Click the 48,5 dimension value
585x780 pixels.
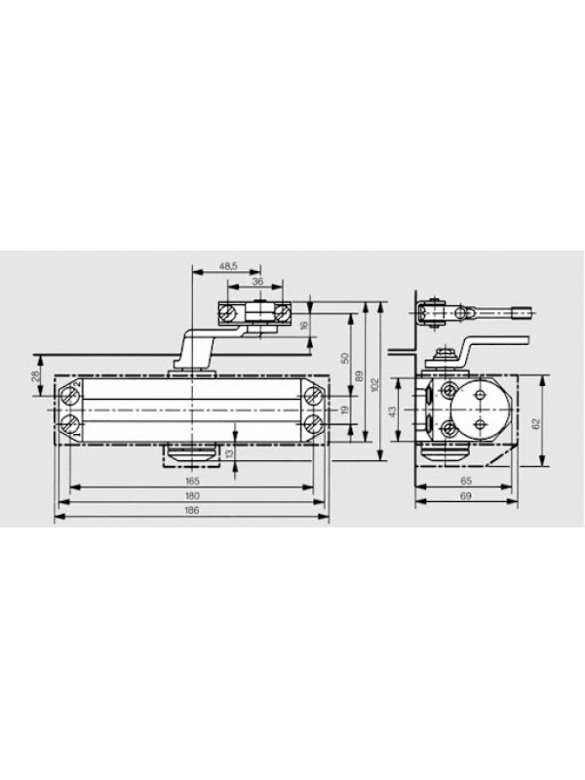pyautogui.click(x=228, y=266)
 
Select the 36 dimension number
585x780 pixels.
pyautogui.click(x=257, y=281)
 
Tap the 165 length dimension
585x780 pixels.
pyautogui.click(x=192, y=481)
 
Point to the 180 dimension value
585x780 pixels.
pyautogui.click(x=192, y=495)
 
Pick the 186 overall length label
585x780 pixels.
pyautogui.click(x=192, y=510)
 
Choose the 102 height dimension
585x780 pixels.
pyautogui.click(x=375, y=384)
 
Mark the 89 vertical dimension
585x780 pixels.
pyautogui.click(x=361, y=376)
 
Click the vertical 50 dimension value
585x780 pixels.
pyautogui.click(x=346, y=358)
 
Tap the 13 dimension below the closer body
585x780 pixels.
pyautogui.click(x=229, y=453)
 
